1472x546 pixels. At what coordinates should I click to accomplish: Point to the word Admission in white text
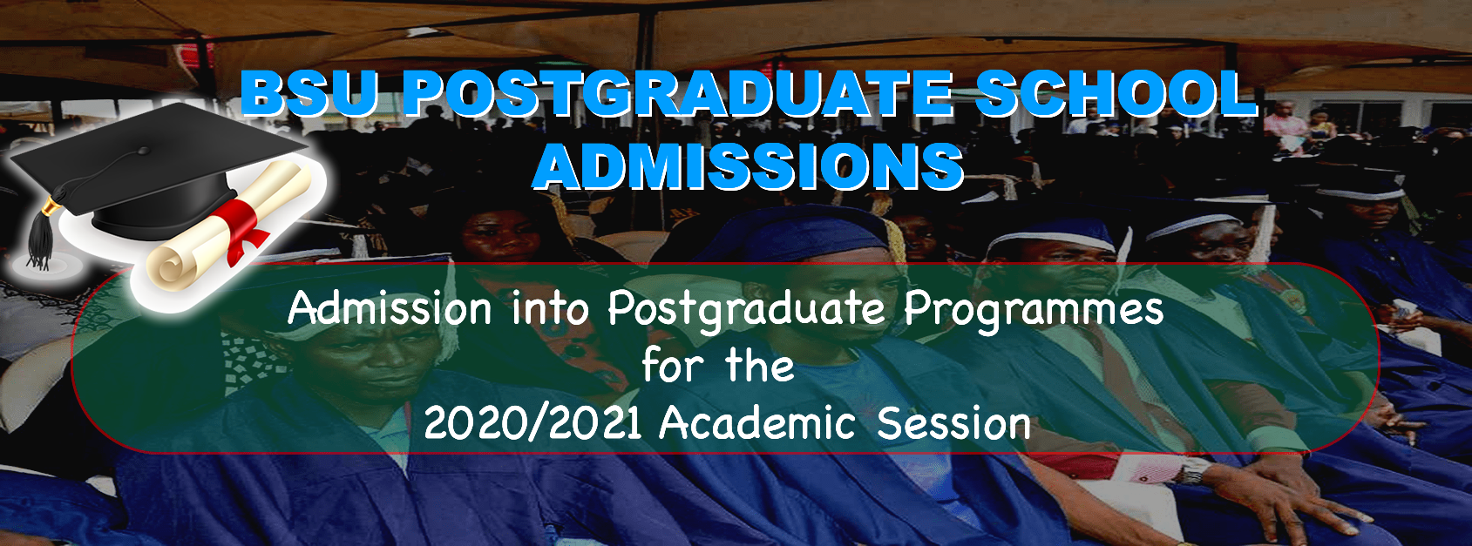390,307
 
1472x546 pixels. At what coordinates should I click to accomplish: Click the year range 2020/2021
533,423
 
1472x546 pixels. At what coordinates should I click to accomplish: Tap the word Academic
757,423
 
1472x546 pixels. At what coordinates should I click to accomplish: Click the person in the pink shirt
1284,129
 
